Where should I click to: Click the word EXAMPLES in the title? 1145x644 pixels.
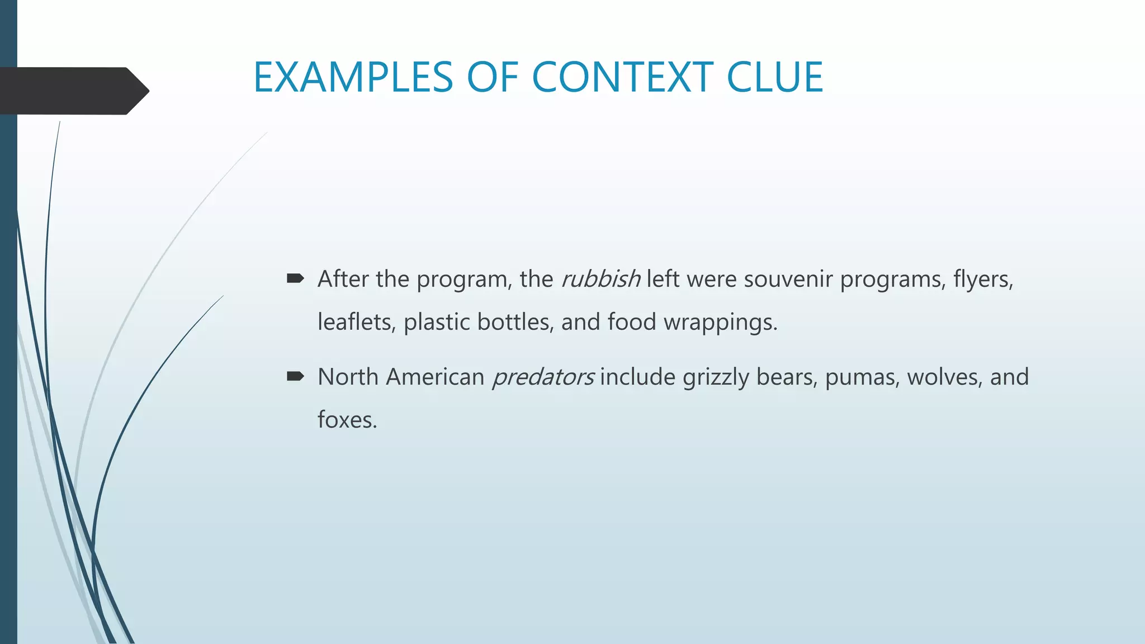[x=353, y=77]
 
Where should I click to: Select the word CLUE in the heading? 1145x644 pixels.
[x=774, y=77]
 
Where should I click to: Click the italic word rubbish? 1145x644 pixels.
[x=600, y=279]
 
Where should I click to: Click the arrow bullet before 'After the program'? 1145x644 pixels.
[x=295, y=278]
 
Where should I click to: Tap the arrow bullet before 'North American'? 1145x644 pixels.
[x=295, y=376]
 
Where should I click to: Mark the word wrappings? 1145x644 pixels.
[x=720, y=323]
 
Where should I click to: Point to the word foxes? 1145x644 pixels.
[x=347, y=420]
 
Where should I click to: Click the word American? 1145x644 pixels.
[x=435, y=377]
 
